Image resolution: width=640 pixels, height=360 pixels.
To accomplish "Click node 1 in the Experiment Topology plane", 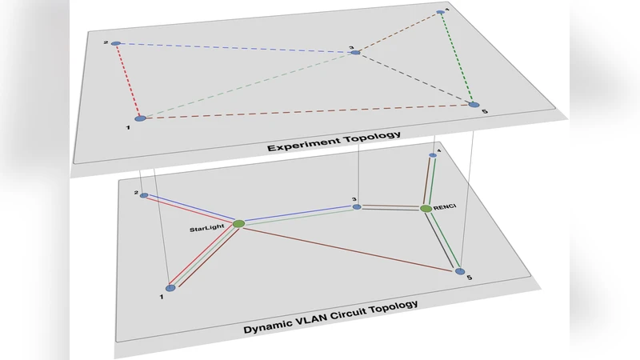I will tap(141, 118).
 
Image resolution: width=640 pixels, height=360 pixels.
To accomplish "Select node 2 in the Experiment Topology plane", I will tap(116, 43).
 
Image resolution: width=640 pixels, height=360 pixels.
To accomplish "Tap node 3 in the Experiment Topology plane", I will tap(356, 53).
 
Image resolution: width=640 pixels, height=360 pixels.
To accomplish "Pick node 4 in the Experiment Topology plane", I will tap(440, 12).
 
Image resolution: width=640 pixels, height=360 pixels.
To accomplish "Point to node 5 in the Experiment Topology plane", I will tap(474, 104).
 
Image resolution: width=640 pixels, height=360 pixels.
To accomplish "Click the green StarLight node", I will tap(238, 223).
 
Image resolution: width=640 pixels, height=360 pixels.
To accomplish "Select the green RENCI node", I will tap(426, 209).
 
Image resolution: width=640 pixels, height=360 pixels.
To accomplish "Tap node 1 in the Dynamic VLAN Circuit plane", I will tap(170, 288).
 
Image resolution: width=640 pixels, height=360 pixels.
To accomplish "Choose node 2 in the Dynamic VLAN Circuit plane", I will tap(144, 196).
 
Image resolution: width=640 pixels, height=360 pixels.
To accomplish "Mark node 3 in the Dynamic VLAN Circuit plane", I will tap(358, 207).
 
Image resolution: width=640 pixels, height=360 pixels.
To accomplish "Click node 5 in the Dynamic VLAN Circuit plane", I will tap(459, 271).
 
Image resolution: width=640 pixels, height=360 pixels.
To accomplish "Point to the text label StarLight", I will tap(207, 230).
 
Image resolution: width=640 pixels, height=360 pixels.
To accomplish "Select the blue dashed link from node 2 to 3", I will tap(236, 48).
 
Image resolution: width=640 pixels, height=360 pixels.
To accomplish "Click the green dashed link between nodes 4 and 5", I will tap(457, 58).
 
